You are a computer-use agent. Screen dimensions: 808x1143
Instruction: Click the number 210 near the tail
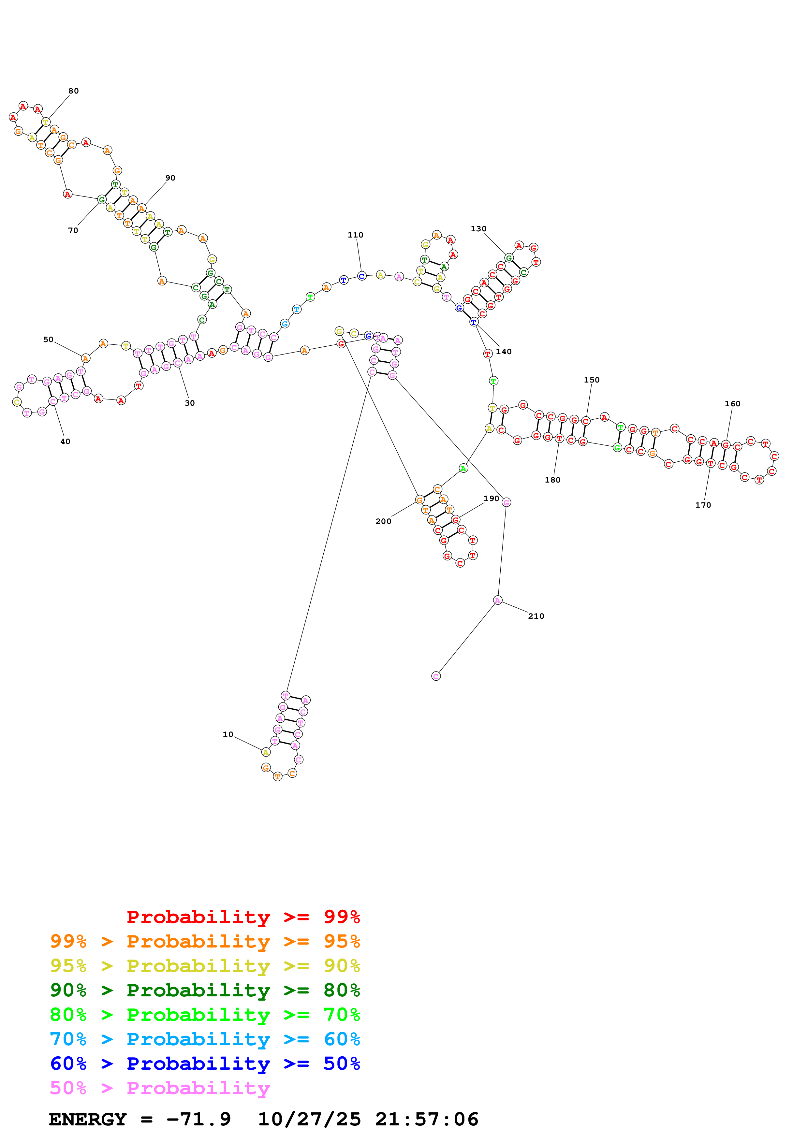(536, 616)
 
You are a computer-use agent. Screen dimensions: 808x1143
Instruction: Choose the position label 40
(65, 441)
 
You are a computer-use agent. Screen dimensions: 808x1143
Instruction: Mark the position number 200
(383, 521)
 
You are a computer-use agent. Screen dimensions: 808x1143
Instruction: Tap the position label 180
(552, 480)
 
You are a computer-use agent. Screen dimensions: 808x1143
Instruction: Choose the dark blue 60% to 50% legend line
(205, 1064)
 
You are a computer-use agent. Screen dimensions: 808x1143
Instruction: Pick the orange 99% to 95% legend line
(205, 941)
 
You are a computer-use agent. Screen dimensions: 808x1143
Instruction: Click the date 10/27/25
(309, 1120)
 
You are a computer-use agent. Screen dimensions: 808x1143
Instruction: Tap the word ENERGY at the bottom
(88, 1120)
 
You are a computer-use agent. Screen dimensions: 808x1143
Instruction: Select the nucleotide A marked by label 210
(497, 600)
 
